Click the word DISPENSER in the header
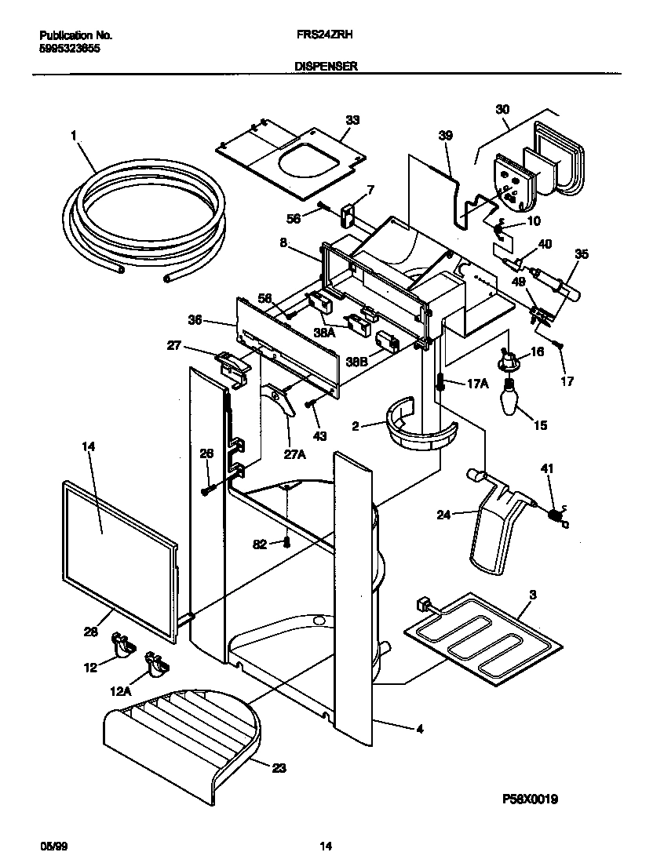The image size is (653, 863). (326, 67)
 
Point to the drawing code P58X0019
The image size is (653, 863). (530, 799)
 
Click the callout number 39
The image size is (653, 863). (445, 136)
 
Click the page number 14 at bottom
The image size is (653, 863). (326, 846)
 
